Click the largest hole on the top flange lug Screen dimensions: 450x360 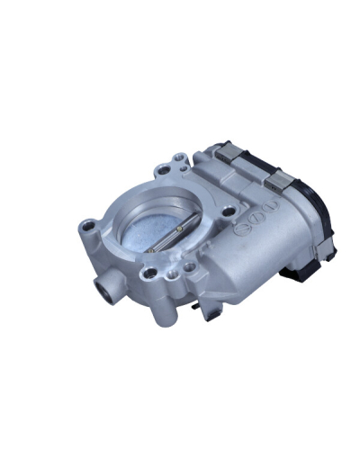[165, 169]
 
